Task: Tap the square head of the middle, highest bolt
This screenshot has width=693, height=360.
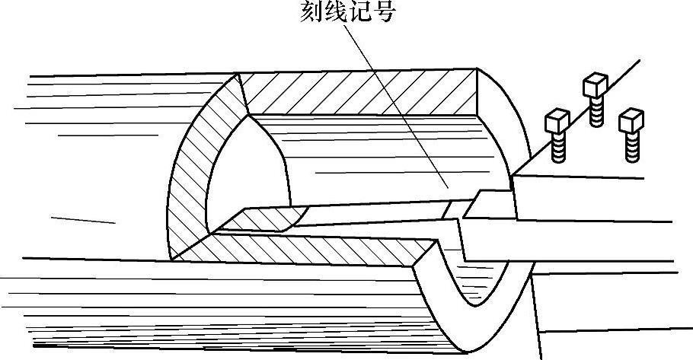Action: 595,84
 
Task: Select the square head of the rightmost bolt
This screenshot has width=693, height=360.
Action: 631,121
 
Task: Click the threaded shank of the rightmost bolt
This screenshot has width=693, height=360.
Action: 631,147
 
